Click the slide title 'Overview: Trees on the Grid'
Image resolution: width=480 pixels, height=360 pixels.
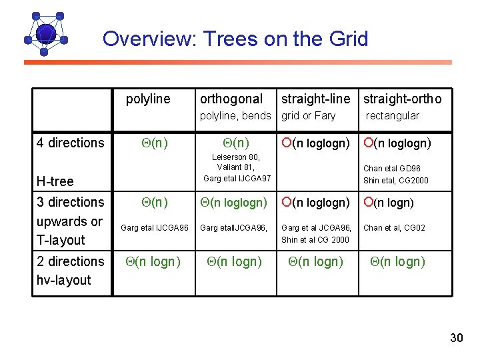tap(235, 39)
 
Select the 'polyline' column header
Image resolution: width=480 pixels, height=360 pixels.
tap(148, 99)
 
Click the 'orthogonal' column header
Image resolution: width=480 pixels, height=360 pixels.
tap(231, 99)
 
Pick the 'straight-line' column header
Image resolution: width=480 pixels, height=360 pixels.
tap(315, 99)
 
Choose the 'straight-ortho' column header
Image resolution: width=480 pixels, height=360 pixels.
tap(401, 99)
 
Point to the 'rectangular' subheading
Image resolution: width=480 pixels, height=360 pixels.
tap(392, 115)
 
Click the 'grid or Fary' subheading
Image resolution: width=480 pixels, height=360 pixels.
tap(308, 115)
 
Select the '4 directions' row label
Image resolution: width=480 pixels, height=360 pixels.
tap(71, 143)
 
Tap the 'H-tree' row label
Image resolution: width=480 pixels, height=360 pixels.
tap(55, 181)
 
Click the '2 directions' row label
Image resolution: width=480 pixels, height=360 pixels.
tap(71, 261)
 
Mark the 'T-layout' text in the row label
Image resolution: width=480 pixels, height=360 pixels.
tap(61, 240)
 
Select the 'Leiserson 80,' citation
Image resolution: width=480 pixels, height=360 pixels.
tap(236, 157)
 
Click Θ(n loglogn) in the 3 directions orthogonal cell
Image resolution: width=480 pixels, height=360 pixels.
tap(236, 203)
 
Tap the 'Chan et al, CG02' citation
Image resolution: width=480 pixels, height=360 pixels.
tap(394, 228)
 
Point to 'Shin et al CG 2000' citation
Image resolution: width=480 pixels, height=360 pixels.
tap(315, 240)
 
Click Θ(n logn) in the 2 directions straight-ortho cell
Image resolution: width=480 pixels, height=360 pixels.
tap(397, 262)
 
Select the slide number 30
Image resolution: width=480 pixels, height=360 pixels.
tap(456, 338)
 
